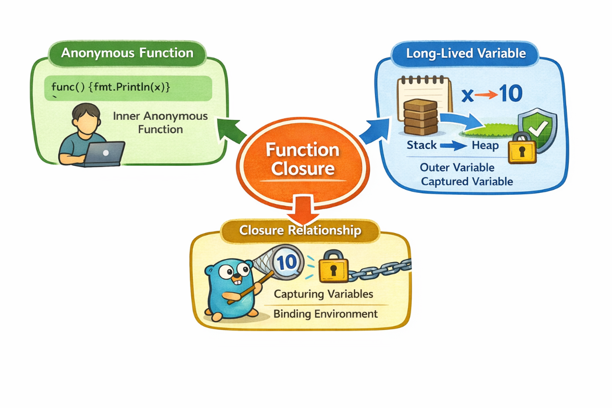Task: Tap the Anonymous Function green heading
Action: pyautogui.click(x=127, y=53)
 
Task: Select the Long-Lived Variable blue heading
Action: pyautogui.click(x=466, y=53)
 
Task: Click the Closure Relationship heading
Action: pyautogui.click(x=300, y=231)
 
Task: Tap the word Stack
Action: pyautogui.click(x=422, y=145)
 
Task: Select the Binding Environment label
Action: pyautogui.click(x=326, y=313)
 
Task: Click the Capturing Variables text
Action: pyautogui.click(x=323, y=294)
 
